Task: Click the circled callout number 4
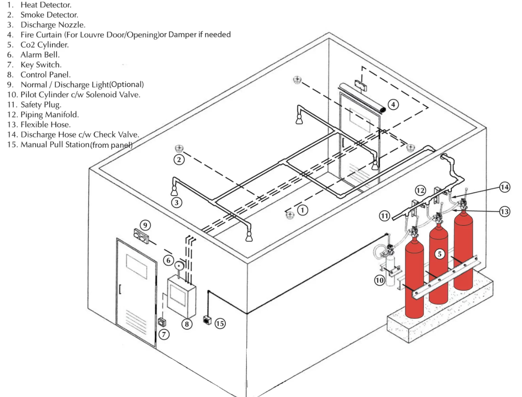pyautogui.click(x=393, y=105)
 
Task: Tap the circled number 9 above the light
pyautogui.click(x=145, y=225)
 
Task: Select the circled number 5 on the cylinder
pyautogui.click(x=439, y=254)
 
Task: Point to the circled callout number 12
pyautogui.click(x=420, y=190)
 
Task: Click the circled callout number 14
pyautogui.click(x=505, y=187)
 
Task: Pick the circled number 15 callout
pyautogui.click(x=220, y=323)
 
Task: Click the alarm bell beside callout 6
pyautogui.click(x=179, y=265)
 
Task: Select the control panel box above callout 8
pyautogui.click(x=181, y=296)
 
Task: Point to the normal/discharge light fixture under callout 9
pyautogui.click(x=141, y=235)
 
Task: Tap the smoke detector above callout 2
pyautogui.click(x=178, y=148)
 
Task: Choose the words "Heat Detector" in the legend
pyautogui.click(x=46, y=5)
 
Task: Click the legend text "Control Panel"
pyautogui.click(x=45, y=74)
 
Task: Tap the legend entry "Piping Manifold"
pyautogui.click(x=49, y=115)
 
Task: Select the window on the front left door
pyautogui.click(x=136, y=266)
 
